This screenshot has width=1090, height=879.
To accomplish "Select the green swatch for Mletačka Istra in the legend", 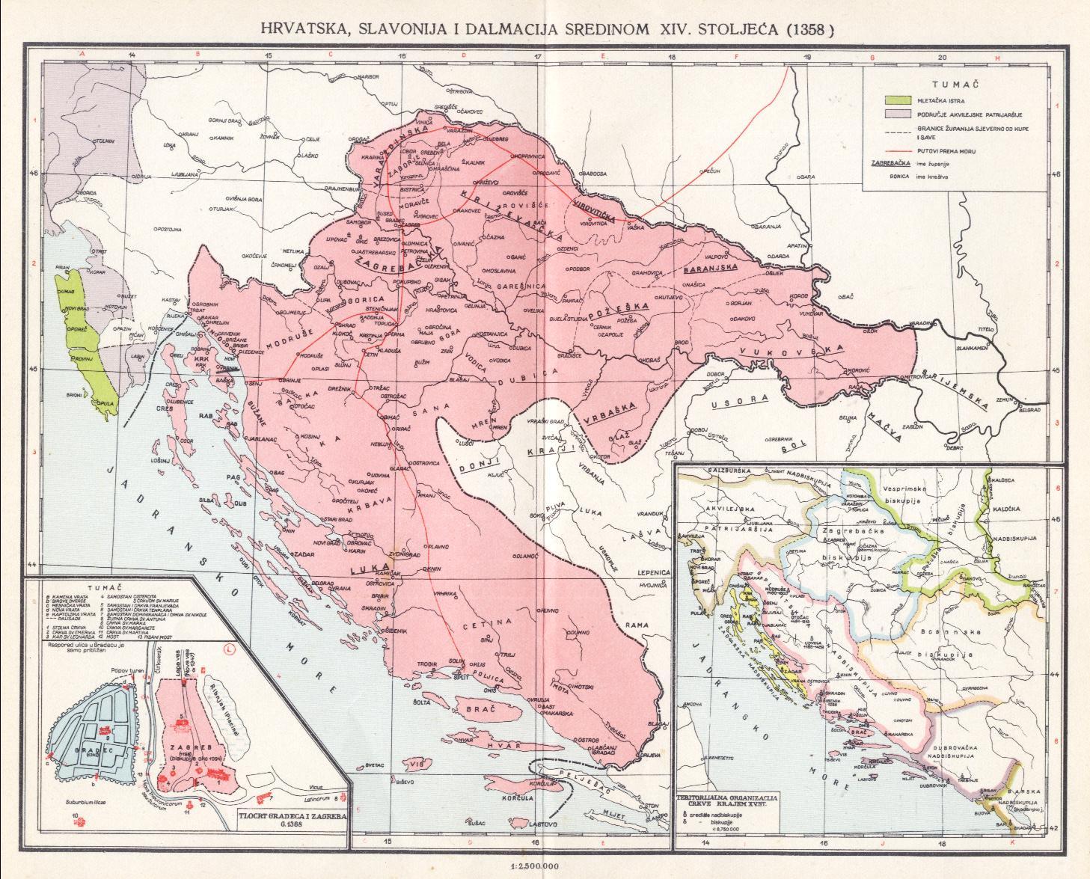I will point(892,99).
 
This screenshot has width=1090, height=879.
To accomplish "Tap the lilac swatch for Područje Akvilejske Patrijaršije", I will point(892,113).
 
